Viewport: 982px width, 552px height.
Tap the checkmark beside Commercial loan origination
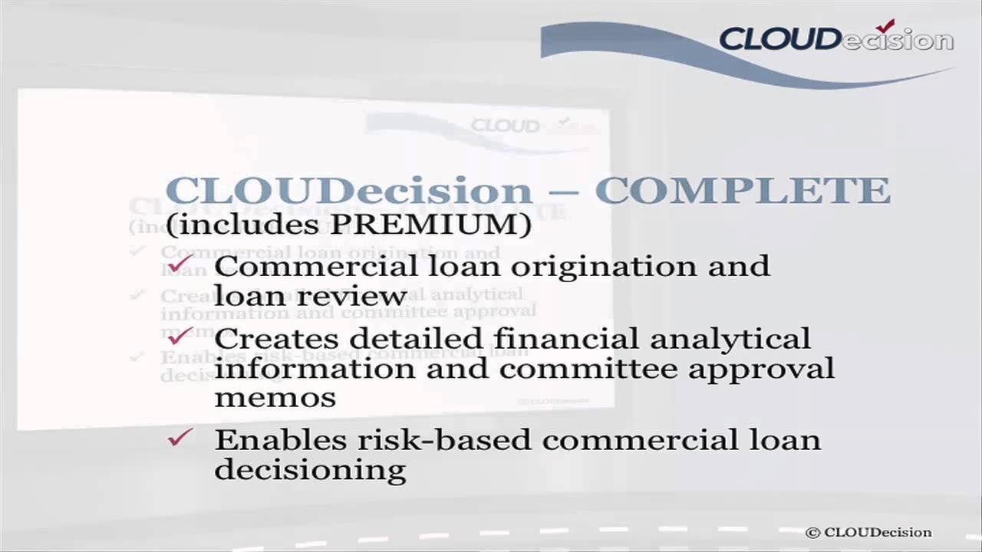(180, 264)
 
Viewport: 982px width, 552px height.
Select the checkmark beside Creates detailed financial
(180, 334)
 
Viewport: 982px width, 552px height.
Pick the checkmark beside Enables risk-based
(180, 438)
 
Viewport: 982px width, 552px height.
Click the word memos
(275, 398)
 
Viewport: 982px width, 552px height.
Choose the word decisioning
(310, 470)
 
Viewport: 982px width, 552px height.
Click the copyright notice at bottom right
(868, 532)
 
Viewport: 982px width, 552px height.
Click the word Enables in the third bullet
(281, 440)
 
